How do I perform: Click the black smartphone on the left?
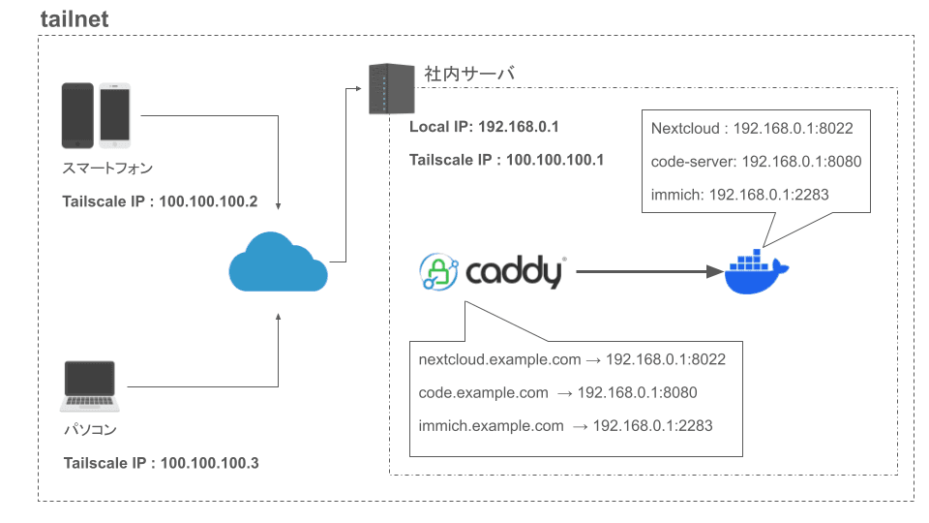tap(77, 114)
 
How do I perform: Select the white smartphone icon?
tap(114, 114)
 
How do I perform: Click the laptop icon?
tap(89, 386)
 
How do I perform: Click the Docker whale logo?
tap(757, 273)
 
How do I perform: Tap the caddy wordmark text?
tap(514, 272)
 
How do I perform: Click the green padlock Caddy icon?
tap(438, 272)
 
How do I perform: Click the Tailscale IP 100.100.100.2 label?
tap(161, 201)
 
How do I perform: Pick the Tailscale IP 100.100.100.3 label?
tap(161, 463)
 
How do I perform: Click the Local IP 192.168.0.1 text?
tap(484, 127)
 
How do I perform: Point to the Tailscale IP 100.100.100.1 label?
tap(506, 160)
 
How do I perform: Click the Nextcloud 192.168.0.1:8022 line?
tap(752, 128)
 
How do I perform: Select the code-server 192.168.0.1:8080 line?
tap(756, 161)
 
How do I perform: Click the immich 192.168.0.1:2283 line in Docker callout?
tap(739, 194)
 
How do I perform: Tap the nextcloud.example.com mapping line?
tap(572, 359)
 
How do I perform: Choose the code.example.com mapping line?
tap(557, 392)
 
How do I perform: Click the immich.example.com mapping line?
tap(566, 425)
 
